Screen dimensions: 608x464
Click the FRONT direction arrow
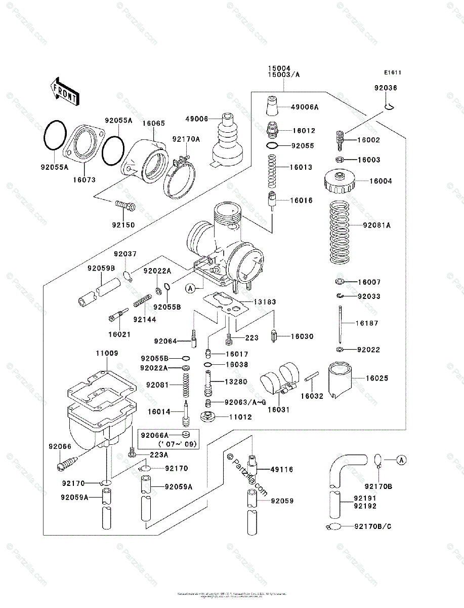click(63, 91)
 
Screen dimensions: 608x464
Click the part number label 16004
click(381, 181)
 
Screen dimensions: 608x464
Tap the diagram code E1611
click(392, 72)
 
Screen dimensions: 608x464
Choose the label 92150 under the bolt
click(123, 223)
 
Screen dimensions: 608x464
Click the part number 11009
click(106, 353)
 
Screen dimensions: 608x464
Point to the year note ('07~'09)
click(170, 444)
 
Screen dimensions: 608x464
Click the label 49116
click(282, 470)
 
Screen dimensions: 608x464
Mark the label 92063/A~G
click(245, 402)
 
